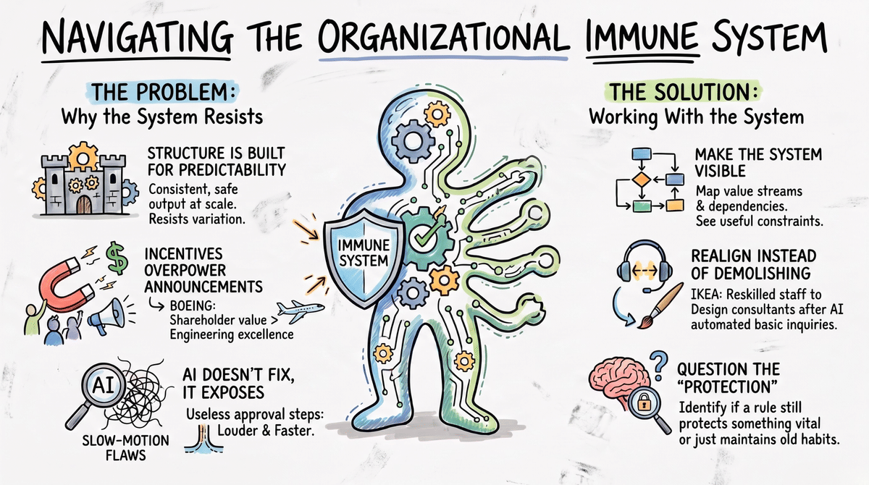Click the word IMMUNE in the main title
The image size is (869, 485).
tap(642, 38)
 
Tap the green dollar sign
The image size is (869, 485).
tap(117, 258)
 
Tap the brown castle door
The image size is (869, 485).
tap(84, 205)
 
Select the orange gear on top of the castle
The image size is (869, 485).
tap(83, 156)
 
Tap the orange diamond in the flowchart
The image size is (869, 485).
tap(641, 180)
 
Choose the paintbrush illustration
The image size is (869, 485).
tap(660, 306)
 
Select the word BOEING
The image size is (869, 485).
tap(193, 306)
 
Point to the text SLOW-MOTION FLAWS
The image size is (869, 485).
tap(126, 448)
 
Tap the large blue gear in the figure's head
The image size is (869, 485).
tap(413, 140)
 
